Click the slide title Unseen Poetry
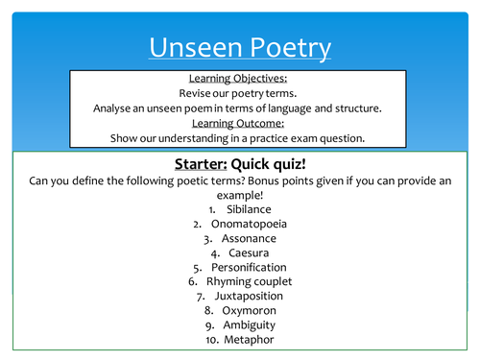[240, 47]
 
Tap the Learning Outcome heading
[240, 122]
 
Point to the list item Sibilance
[249, 208]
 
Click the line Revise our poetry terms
[240, 94]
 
